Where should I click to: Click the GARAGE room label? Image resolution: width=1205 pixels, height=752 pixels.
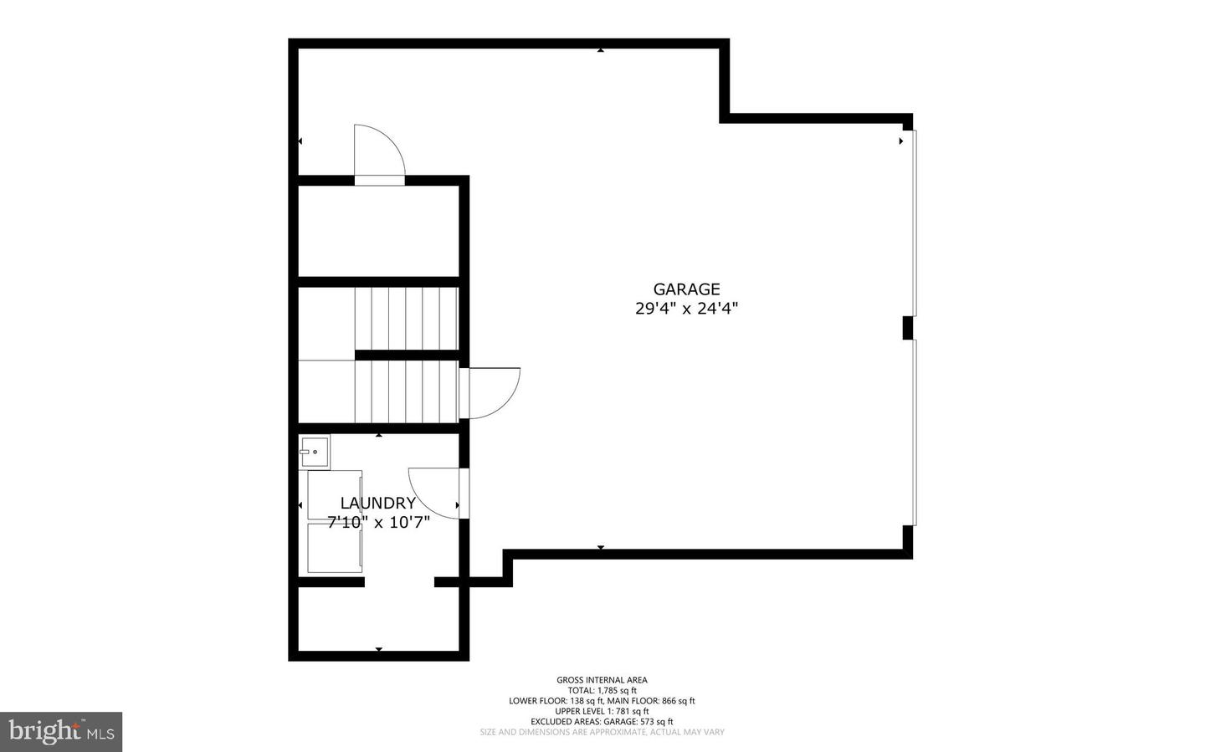pyautogui.click(x=686, y=289)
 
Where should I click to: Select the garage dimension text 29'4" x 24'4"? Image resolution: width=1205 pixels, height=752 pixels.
pyautogui.click(x=686, y=309)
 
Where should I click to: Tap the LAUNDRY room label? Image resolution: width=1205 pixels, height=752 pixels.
pyautogui.click(x=377, y=503)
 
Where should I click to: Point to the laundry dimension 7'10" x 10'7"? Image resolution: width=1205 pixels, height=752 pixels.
pyautogui.click(x=378, y=523)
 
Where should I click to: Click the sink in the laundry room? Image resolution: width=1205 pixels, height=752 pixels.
pyautogui.click(x=314, y=453)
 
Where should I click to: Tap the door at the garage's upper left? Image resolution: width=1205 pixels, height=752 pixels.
pyautogui.click(x=378, y=154)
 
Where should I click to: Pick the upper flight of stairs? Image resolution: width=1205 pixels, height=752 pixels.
pyautogui.click(x=407, y=318)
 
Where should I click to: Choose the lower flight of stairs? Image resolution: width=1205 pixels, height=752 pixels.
pyautogui.click(x=407, y=391)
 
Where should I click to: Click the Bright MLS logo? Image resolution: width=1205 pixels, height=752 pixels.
pyautogui.click(x=61, y=732)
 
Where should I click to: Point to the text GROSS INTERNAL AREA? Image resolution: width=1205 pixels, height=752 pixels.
pyautogui.click(x=602, y=680)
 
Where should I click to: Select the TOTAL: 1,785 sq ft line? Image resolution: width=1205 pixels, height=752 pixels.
pyautogui.click(x=602, y=691)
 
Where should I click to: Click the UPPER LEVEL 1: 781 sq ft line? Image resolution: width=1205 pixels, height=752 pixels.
pyautogui.click(x=602, y=711)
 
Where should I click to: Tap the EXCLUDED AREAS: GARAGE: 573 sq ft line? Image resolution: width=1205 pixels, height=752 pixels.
pyautogui.click(x=602, y=722)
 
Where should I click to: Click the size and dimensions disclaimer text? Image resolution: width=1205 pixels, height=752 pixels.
pyautogui.click(x=602, y=733)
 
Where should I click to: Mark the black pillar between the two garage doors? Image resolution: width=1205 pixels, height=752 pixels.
pyautogui.click(x=907, y=328)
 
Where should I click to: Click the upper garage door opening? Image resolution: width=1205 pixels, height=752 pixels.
pyautogui.click(x=914, y=223)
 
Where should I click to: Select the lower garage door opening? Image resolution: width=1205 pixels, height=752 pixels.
pyautogui.click(x=914, y=432)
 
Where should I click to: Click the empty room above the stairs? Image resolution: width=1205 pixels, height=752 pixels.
pyautogui.click(x=378, y=230)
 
